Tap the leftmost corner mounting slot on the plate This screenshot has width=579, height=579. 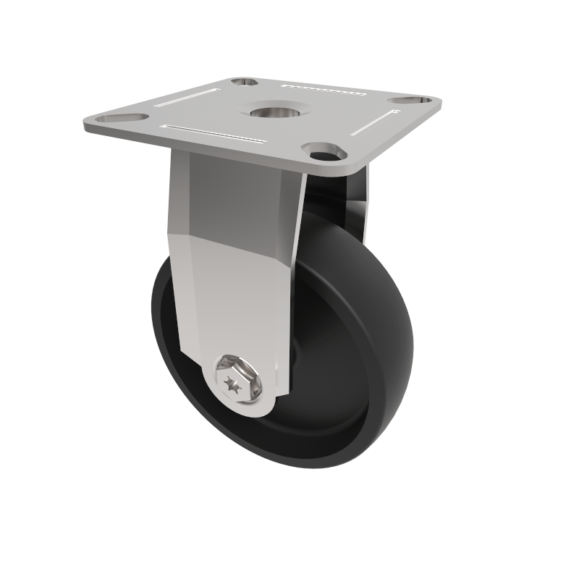115,117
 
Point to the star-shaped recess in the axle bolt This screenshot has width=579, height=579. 234,383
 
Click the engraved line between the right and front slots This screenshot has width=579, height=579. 376,121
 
